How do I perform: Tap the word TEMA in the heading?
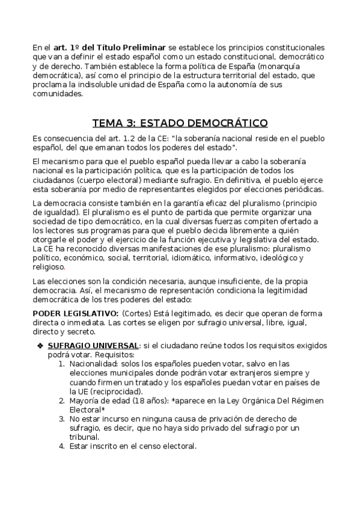106,124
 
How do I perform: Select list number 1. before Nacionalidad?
62,364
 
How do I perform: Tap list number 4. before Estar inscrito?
62,446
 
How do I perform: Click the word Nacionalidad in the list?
94,364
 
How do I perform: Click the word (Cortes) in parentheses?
137,314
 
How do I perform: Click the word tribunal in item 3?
84,437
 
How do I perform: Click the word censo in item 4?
144,446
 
